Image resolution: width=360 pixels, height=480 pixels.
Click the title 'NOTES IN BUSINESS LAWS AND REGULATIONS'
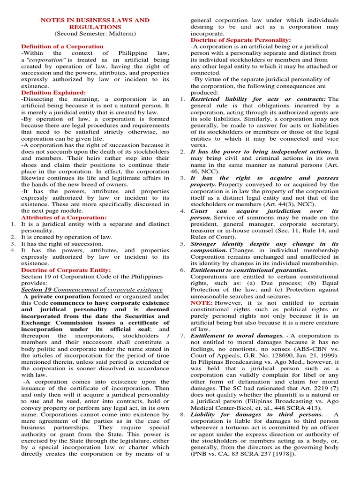(95, 23)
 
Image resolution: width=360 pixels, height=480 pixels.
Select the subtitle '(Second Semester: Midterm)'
(95, 34)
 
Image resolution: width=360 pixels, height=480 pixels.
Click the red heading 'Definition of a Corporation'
(62, 46)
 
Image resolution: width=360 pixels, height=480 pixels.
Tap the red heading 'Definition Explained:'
(53, 93)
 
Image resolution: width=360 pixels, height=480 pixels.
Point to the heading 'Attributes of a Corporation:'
(64, 217)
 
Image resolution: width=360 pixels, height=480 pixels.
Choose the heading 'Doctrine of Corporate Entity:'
(66, 270)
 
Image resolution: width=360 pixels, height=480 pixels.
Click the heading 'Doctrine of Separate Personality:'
(240, 40)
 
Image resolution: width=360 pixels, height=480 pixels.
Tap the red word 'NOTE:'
(202, 303)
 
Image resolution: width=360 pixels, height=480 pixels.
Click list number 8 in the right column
(183, 414)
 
